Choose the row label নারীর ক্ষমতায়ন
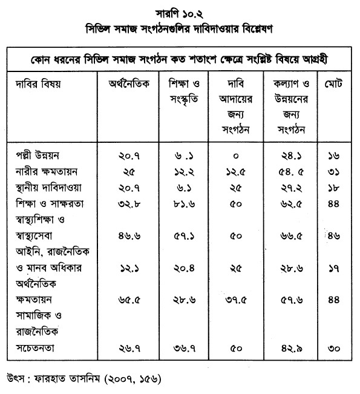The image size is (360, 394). tap(44, 172)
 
